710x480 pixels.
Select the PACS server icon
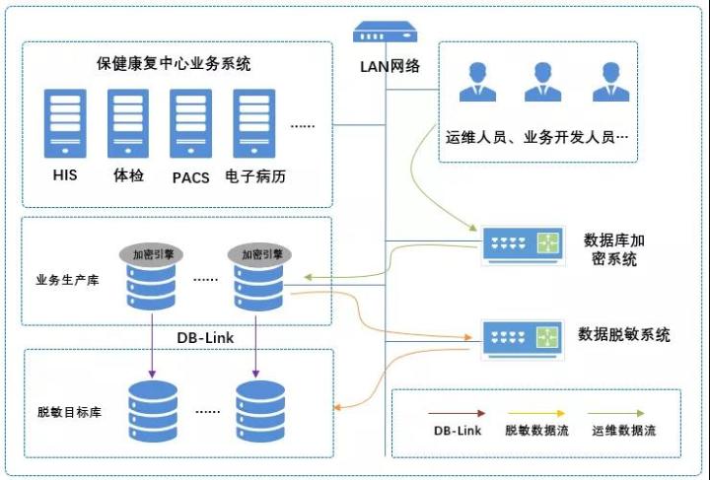[x=190, y=123]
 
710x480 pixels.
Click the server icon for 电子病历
[x=252, y=123]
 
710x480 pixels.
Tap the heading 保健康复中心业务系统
[x=174, y=64]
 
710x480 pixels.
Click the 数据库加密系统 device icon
[x=524, y=245]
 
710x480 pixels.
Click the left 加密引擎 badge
[x=151, y=253]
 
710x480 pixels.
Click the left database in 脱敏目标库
[x=151, y=409]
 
